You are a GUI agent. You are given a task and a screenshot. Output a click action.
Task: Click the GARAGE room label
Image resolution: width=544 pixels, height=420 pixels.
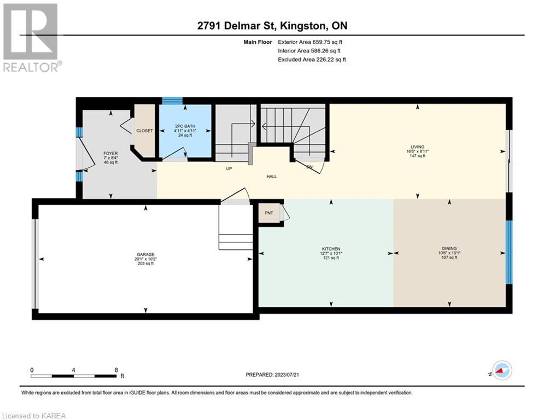146,254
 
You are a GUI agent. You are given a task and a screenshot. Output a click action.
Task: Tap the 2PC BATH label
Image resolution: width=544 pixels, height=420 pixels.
185,126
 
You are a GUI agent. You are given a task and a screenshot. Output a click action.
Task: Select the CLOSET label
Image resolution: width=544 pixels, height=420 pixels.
144,131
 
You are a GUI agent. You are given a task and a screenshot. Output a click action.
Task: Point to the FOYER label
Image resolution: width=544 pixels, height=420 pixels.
110,154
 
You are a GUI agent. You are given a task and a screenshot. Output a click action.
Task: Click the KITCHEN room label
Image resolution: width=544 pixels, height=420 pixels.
331,249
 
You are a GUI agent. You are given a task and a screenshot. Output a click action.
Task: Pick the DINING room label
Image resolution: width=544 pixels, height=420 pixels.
449,248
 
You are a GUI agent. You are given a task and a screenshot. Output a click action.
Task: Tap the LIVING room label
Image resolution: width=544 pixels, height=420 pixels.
417,147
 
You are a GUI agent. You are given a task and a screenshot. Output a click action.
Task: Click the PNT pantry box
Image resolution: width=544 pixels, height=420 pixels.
269,213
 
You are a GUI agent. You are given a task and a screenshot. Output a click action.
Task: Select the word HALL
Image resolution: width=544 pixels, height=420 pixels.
272,176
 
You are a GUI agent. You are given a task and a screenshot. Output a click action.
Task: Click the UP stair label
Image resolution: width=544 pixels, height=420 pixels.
229,168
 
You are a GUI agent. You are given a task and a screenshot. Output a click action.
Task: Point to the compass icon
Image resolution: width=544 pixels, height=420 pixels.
502,371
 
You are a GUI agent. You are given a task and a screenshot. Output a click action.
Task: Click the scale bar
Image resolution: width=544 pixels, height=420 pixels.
74,376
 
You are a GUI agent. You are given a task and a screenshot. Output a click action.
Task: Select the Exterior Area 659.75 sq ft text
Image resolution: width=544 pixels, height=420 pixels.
310,42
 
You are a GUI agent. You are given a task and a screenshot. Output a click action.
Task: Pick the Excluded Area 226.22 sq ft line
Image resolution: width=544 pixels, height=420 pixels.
312,60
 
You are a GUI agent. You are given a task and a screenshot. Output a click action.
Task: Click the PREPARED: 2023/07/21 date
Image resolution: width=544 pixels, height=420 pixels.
272,375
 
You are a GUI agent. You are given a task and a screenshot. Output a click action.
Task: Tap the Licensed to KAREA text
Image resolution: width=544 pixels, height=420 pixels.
34,416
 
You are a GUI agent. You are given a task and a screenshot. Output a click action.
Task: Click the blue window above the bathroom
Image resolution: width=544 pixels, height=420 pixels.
172,101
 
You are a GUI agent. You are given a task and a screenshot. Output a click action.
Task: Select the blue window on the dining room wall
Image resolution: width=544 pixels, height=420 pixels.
509,252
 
